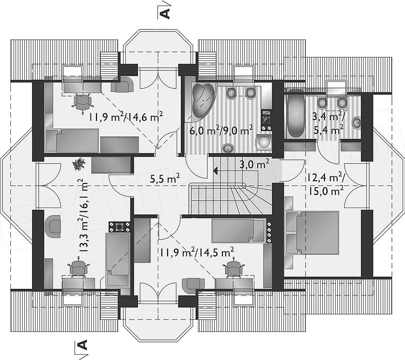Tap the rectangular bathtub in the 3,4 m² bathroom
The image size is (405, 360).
pyautogui.click(x=296, y=113)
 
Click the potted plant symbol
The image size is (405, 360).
pyautogui.click(x=79, y=164)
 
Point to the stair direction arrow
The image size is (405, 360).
pyautogui.click(x=215, y=170)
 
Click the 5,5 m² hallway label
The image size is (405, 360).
pyautogui.click(x=165, y=178)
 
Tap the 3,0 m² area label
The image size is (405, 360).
pyautogui.click(x=254, y=164)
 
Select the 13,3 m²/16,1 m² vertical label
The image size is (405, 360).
pyautogui.click(x=83, y=216)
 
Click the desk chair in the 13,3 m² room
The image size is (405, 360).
pyautogui.click(x=78, y=268)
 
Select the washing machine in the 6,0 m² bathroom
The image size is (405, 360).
pyautogui.click(x=264, y=142)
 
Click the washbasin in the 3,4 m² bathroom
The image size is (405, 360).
pyautogui.click(x=357, y=122)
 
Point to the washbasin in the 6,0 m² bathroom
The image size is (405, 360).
pyautogui.click(x=228, y=148)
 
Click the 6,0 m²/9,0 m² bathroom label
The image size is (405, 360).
pyautogui.click(x=221, y=130)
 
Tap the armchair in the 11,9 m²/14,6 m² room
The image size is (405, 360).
pyautogui.click(x=122, y=84)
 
